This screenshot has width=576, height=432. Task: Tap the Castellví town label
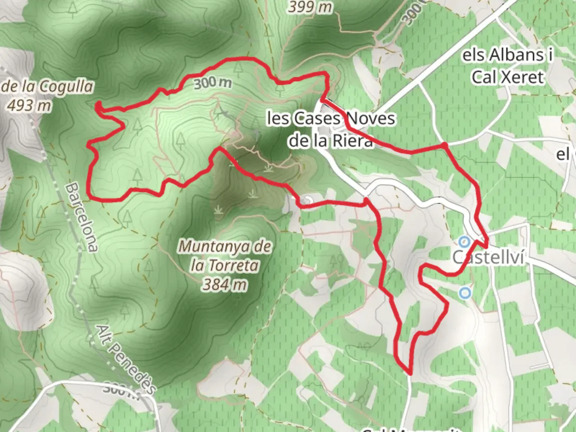pyautogui.click(x=488, y=257)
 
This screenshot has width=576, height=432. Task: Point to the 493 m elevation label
pyautogui.click(x=29, y=106)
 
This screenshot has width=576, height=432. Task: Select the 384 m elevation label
pyautogui.click(x=224, y=284)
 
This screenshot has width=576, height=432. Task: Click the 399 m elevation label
pyautogui.click(x=310, y=6)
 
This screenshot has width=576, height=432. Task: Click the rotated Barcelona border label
pyautogui.click(x=82, y=217)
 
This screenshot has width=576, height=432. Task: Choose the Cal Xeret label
pyautogui.click(x=508, y=77)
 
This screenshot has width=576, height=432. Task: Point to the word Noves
pyautogui.click(x=370, y=119)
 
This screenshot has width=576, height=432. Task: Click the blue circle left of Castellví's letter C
pyautogui.click(x=464, y=242)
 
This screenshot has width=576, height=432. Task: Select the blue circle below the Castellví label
pyautogui.click(x=464, y=293)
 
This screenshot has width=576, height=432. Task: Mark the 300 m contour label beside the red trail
pyautogui.click(x=213, y=83)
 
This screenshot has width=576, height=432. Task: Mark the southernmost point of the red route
pyautogui.click(x=410, y=374)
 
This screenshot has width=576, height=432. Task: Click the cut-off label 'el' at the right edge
pyautogui.click(x=563, y=154)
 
